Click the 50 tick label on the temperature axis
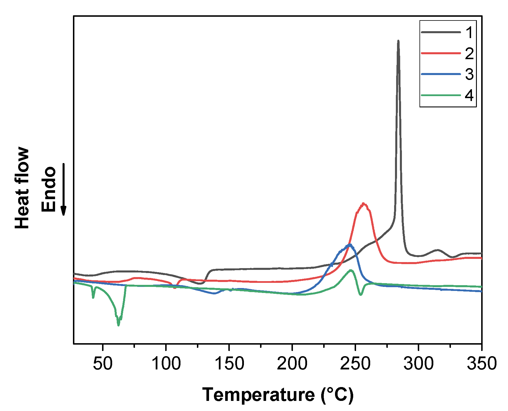tap(103, 364)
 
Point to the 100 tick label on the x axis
tap(166, 364)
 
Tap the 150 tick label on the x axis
tap(229, 364)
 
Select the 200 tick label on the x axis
tap(292, 364)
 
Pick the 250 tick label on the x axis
tap(355, 364)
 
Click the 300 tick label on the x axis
tap(418, 364)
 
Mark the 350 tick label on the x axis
tap(481, 364)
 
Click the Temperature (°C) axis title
tap(278, 395)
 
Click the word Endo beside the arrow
tap(48, 189)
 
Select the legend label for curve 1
tap(469, 32)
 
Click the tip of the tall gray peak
tap(398, 41)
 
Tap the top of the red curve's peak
tap(363, 204)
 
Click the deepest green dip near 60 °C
tap(118, 325)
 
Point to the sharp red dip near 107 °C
tap(175, 288)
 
